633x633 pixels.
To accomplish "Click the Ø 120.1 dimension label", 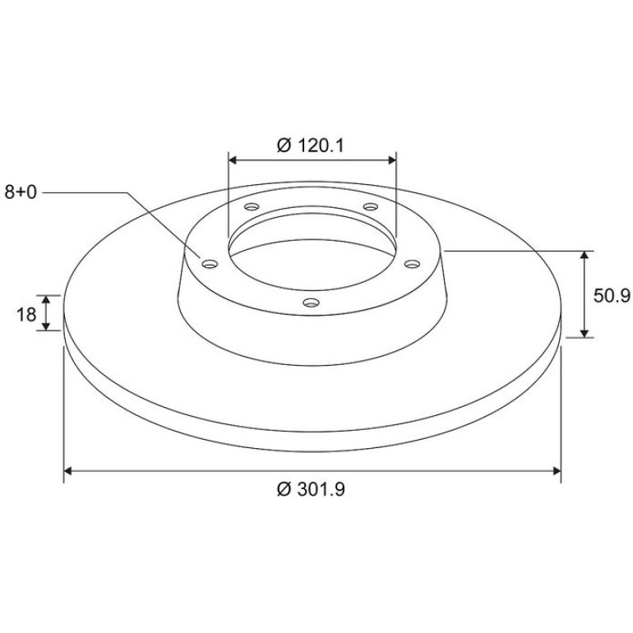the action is (x=311, y=146).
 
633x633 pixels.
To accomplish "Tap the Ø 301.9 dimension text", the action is (x=311, y=489).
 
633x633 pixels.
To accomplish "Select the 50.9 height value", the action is (x=612, y=296).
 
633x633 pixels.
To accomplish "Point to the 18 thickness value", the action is (x=26, y=315).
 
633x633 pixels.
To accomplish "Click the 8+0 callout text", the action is (x=21, y=192).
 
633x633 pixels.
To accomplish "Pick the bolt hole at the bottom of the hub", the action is (x=312, y=302).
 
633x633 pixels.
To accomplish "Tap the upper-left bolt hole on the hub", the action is (x=252, y=206).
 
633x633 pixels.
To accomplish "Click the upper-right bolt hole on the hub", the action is (x=371, y=206).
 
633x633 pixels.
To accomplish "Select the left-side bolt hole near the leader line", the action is (x=210, y=264).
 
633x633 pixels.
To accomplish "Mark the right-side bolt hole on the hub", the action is (x=412, y=264).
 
